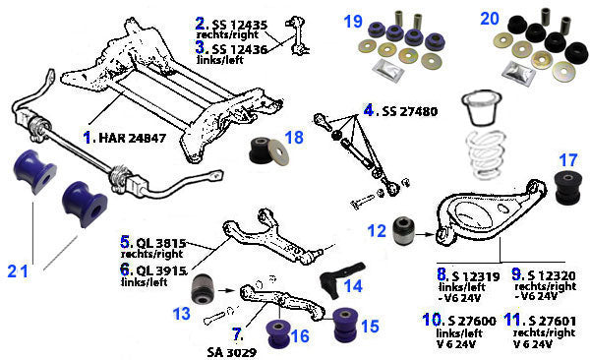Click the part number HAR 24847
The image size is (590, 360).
click(x=132, y=138)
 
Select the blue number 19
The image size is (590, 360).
click(x=353, y=22)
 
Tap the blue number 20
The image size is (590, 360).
click(x=490, y=19)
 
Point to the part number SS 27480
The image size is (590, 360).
click(x=410, y=111)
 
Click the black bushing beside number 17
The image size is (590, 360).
click(x=568, y=188)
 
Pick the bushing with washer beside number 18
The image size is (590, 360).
click(x=269, y=150)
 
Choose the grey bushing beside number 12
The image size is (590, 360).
click(x=403, y=230)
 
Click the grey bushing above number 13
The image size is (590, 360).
click(x=203, y=289)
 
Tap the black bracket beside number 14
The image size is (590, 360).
click(x=340, y=279)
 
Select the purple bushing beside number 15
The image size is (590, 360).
click(x=346, y=326)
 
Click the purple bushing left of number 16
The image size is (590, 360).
click(x=278, y=333)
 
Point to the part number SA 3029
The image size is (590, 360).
click(x=232, y=352)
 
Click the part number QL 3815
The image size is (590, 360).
click(x=161, y=243)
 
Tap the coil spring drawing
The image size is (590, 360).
click(x=486, y=153)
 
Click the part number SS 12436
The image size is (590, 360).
click(x=240, y=49)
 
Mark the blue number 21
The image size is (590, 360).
click(x=18, y=271)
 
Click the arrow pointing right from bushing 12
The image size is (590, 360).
click(x=425, y=234)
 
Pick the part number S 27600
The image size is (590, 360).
click(x=472, y=321)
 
